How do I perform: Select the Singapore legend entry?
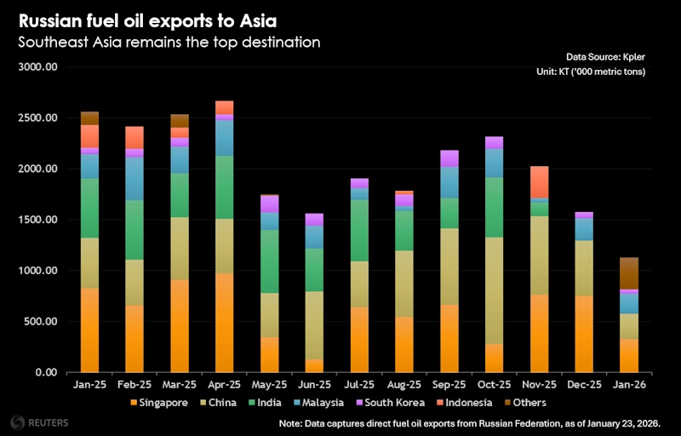[159, 402]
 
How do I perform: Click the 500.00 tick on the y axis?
[39, 322]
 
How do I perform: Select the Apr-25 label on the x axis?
[224, 385]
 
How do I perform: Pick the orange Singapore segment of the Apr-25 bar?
[224, 323]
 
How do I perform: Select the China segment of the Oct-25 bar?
[493, 290]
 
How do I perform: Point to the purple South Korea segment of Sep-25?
[449, 158]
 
